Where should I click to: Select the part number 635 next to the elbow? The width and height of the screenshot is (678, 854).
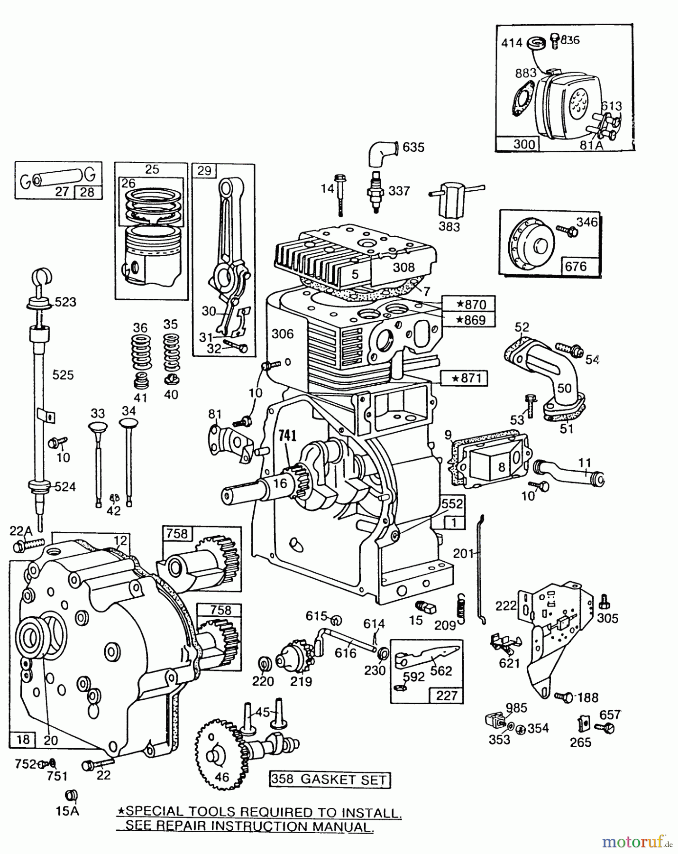coord(413,148)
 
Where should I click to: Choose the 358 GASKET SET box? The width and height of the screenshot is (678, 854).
coord(330,779)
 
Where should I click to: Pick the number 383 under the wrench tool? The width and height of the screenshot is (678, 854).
coord(449,227)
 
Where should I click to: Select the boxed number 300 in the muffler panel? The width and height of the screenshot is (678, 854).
coord(524,144)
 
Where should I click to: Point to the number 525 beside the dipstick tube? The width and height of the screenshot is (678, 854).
coord(63,375)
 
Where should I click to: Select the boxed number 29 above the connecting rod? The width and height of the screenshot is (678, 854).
coord(204,171)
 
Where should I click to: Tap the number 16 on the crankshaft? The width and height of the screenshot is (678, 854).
coord(280,483)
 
